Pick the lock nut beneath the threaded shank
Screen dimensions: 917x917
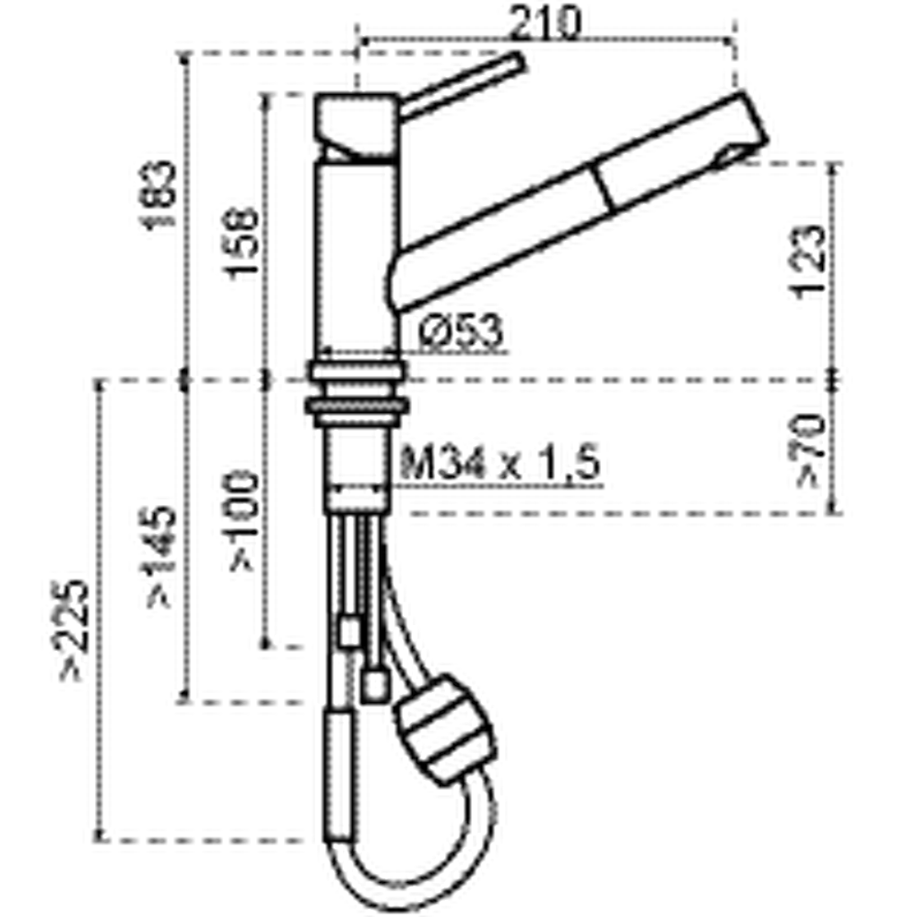[357, 495]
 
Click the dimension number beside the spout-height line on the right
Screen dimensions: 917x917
[801, 260]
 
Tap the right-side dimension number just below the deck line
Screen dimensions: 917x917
[801, 448]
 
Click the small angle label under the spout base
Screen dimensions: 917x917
[466, 327]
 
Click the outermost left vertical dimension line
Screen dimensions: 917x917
[99, 609]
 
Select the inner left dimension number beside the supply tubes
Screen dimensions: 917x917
[236, 519]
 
